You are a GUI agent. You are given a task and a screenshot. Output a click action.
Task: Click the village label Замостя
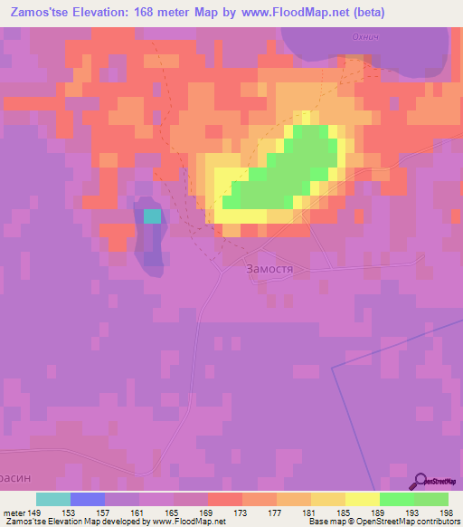[271, 269]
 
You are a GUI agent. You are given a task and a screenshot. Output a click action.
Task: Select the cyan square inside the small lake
[152, 216]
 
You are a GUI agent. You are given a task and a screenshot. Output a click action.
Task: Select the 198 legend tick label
[448, 513]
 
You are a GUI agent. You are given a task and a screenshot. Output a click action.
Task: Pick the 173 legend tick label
[242, 513]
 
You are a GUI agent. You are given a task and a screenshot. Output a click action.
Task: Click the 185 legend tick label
[345, 513]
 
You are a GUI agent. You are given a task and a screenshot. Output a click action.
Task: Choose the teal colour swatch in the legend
[53, 499]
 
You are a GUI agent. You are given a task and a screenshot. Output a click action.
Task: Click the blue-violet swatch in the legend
[88, 499]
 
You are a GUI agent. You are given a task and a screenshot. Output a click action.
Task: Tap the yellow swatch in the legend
[362, 499]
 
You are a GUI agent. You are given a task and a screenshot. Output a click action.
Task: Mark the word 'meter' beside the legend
[14, 513]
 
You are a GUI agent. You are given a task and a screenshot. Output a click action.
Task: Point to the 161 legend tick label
[139, 513]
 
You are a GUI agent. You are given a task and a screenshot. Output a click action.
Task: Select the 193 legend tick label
[413, 513]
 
